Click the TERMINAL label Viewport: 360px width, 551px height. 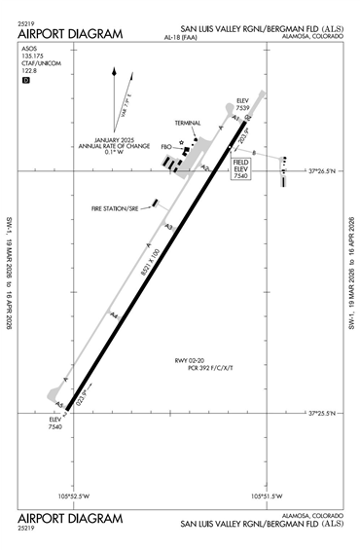coord(188,124)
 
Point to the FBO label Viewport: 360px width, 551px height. coord(166,148)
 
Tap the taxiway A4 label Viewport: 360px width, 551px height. coord(114,314)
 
